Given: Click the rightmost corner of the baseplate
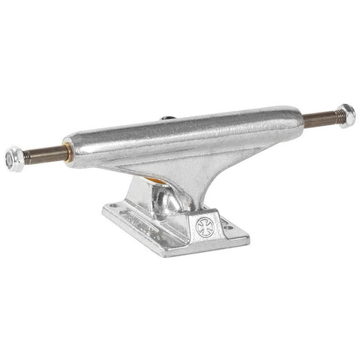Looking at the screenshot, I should [x=248, y=239].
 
